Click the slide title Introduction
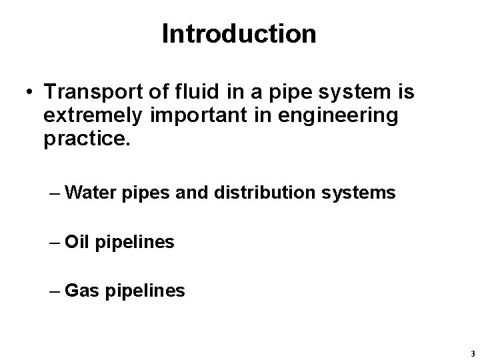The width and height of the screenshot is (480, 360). pyautogui.click(x=239, y=35)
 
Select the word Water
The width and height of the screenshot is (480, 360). pyautogui.click(x=93, y=194)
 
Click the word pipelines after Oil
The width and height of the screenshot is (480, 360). pyautogui.click(x=135, y=243)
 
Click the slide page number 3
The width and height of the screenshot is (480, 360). pyautogui.click(x=471, y=353)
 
